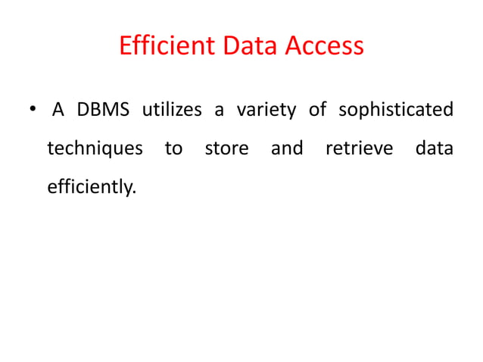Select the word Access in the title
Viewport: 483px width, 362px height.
coord(324,47)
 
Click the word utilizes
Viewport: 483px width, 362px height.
coord(167,111)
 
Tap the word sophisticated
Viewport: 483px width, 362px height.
coord(396,111)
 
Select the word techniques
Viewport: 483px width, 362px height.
coord(95,148)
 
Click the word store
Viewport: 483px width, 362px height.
coord(226,148)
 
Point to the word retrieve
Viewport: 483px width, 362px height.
coord(359,148)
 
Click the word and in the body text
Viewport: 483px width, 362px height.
coord(287,148)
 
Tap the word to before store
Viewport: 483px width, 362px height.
coord(173,148)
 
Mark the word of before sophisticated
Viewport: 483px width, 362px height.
coord(317,111)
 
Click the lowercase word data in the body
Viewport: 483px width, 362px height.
coord(434,148)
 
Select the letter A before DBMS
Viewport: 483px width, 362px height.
coord(58,111)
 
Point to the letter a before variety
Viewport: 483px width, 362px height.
coord(219,111)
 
